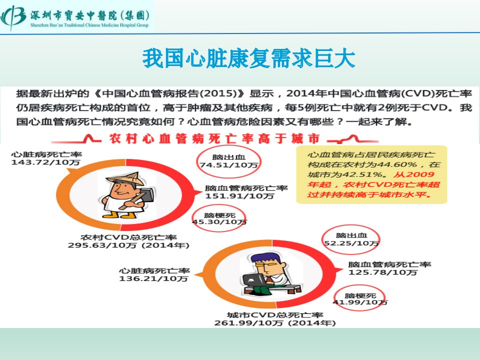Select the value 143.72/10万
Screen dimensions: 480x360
pyautogui.click(x=45, y=162)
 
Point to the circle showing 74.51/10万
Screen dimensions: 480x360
pyautogui.click(x=228, y=161)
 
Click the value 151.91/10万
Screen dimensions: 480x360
pyautogui.click(x=239, y=196)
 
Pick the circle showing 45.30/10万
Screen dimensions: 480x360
pyautogui.click(x=219, y=218)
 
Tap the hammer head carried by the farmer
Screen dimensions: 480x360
pyautogui.click(x=147, y=194)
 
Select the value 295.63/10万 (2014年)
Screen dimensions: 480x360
pyautogui.click(x=128, y=245)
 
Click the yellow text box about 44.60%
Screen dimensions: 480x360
pyautogui.click(x=371, y=174)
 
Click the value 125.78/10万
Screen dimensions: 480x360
pyautogui.click(x=382, y=272)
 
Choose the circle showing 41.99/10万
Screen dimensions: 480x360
pyautogui.click(x=359, y=299)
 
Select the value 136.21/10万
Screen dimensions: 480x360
pyautogui.click(x=153, y=278)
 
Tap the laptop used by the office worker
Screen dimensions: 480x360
pyautogui.click(x=254, y=280)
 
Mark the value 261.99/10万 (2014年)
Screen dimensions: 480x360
pyautogui.click(x=275, y=323)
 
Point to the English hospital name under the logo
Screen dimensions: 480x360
pyautogui.click(x=89, y=25)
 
